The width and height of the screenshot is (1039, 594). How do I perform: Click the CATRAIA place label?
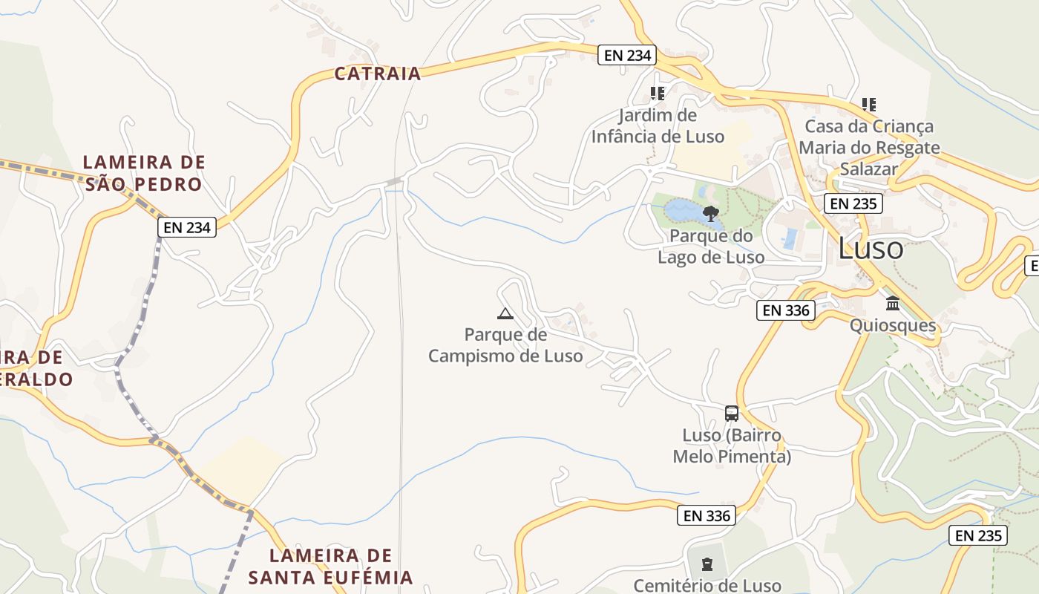point(377,74)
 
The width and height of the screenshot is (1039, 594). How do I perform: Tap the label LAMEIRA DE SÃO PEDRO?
point(144,173)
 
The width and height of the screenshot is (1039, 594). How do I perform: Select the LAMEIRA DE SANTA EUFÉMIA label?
point(330,567)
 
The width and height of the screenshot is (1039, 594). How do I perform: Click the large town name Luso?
point(871,249)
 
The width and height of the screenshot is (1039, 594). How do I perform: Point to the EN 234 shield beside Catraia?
point(627,55)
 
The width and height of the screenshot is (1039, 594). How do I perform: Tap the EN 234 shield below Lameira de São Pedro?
point(187,227)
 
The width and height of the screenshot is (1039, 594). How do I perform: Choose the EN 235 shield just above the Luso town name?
point(853,203)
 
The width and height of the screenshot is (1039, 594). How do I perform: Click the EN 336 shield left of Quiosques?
point(786,310)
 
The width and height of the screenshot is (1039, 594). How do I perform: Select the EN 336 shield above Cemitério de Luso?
point(706,515)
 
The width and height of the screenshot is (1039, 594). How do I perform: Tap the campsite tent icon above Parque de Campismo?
point(505,313)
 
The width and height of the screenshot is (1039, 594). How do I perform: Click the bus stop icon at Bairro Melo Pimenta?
point(732,414)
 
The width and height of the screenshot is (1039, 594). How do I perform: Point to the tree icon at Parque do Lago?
point(711,214)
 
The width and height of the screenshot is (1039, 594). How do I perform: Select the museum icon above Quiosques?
point(893,303)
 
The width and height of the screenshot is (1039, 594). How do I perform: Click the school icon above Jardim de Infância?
point(658,94)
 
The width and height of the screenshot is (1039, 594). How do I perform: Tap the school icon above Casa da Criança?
point(869,105)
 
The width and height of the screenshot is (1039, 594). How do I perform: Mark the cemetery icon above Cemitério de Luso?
point(707,565)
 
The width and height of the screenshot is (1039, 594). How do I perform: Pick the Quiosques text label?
point(893,325)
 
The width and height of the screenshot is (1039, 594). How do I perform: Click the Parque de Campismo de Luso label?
point(505,346)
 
